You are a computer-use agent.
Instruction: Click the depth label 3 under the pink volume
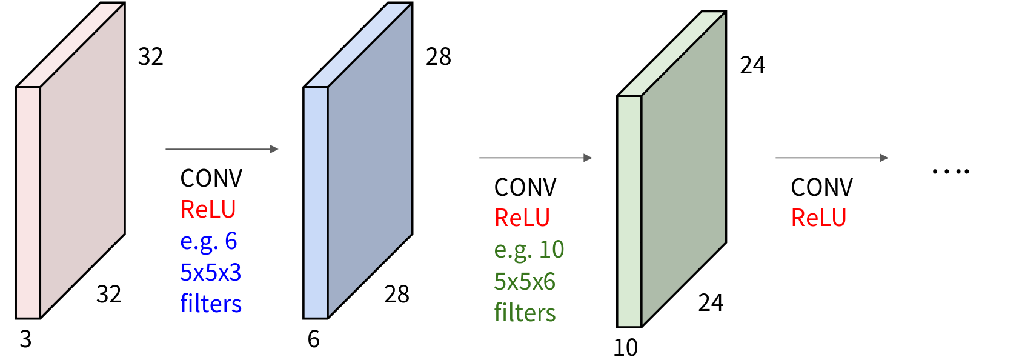25,339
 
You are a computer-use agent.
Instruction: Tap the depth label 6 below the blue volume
313,339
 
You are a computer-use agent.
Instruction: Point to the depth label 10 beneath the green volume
625,348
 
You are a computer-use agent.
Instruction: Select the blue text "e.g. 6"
208,241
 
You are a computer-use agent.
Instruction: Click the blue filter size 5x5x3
210,273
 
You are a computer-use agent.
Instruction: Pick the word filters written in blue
210,304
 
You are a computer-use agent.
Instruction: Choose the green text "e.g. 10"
529,250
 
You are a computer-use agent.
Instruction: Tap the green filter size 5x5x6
525,281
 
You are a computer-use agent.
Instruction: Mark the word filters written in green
525,313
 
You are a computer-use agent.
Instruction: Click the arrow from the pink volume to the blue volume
222,148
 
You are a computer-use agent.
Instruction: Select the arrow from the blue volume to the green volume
536,158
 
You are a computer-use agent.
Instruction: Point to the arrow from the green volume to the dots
832,158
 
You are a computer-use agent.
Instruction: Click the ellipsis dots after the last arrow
951,172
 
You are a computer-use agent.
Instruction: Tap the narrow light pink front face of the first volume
28,202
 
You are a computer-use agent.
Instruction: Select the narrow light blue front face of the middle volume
316,202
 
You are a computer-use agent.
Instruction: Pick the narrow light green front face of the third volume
629,211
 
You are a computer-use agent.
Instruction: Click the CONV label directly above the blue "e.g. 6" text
211,179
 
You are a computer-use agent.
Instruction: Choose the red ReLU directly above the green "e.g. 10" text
522,218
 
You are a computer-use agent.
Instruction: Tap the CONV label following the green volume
821,188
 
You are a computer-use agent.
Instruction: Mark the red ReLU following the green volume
818,218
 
